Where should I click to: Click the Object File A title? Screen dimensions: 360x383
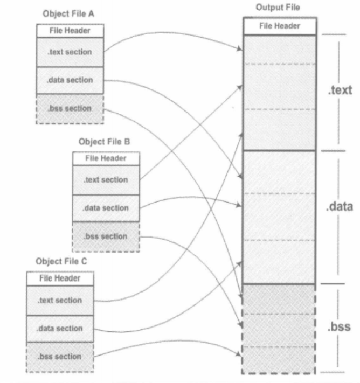68,13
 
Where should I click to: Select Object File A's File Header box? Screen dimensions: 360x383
70,31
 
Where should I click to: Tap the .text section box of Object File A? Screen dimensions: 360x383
70,52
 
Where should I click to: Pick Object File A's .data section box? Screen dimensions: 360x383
70,80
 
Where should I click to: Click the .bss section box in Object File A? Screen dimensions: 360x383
70,109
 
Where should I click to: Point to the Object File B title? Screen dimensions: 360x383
105,142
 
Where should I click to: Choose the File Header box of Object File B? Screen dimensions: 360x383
106,158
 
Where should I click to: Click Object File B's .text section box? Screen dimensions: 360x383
106,180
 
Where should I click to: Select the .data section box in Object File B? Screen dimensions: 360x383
106,208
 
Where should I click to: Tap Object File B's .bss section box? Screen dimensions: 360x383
106,236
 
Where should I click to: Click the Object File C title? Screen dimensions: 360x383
61,261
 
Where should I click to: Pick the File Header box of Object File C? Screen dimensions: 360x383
60,278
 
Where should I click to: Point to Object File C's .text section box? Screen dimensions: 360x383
60,301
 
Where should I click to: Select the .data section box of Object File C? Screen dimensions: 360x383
60,329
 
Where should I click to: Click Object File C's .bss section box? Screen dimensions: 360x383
60,357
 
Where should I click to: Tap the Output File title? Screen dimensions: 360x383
278,8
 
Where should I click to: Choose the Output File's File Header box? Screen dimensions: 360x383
280,26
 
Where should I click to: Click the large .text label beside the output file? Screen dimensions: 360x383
340,90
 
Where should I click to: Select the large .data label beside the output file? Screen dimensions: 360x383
340,207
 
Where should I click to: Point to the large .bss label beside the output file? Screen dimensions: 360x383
339,326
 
